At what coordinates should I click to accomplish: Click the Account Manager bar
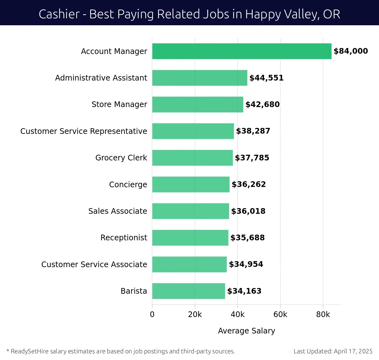click(242, 51)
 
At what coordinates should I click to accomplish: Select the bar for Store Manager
click(198, 105)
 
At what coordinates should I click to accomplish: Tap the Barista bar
click(189, 291)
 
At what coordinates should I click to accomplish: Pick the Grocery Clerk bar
click(192, 158)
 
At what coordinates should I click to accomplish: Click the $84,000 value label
click(351, 51)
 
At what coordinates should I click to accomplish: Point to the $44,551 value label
click(266, 78)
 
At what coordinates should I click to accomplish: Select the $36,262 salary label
click(249, 184)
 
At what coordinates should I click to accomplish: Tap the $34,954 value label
click(246, 264)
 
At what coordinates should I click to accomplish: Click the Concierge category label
click(128, 184)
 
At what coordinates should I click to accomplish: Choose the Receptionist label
click(123, 237)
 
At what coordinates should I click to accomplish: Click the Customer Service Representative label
click(84, 131)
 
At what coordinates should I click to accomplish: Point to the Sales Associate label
click(117, 211)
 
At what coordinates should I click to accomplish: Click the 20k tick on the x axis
click(195, 315)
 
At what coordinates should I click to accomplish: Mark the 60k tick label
click(280, 315)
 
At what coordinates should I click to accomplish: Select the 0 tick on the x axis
click(152, 315)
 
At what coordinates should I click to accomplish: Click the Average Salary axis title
click(246, 331)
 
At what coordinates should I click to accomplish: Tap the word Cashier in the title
click(59, 14)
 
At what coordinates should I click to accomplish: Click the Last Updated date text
click(333, 351)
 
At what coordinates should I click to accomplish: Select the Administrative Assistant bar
click(200, 78)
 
